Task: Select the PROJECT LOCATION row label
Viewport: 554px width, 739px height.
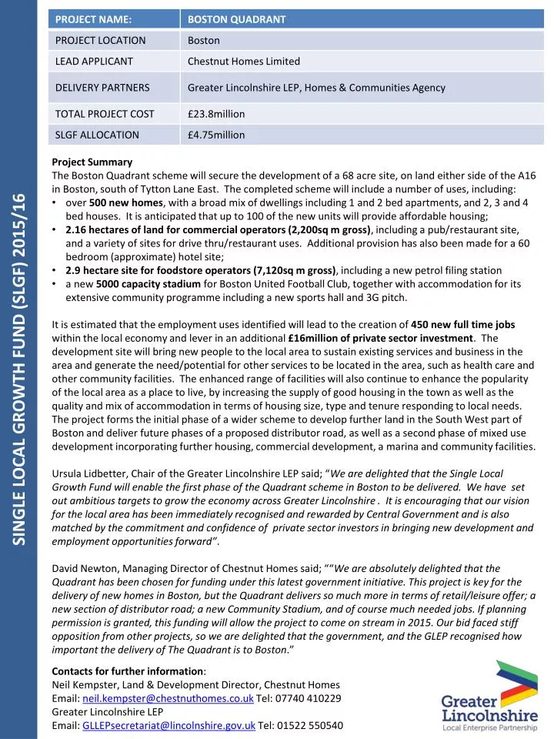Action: click(x=100, y=40)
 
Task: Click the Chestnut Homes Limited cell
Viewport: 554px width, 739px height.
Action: click(x=244, y=61)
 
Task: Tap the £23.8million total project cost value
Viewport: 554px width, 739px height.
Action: click(x=216, y=114)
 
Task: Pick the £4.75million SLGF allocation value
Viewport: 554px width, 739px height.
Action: click(x=216, y=135)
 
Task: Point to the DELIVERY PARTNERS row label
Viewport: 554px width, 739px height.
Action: click(x=102, y=87)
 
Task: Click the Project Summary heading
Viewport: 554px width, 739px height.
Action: click(x=92, y=162)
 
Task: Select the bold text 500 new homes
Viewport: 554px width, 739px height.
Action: click(x=121, y=202)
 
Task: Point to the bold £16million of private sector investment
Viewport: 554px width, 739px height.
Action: click(x=382, y=338)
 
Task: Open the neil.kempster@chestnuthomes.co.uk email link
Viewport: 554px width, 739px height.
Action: click(x=169, y=697)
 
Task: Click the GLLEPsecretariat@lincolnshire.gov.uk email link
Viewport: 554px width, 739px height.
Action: click(x=169, y=725)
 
